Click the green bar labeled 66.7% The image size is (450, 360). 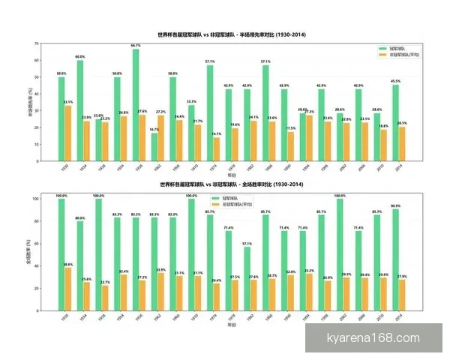135,105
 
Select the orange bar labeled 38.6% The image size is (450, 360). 68,290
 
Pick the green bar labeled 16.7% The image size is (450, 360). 154,147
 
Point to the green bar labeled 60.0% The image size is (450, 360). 79,110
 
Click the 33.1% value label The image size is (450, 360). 68,102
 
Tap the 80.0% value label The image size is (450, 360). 79,217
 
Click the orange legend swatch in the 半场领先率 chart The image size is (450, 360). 382,55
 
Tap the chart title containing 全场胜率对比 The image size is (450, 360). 232,184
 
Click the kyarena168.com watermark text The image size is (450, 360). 373,338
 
